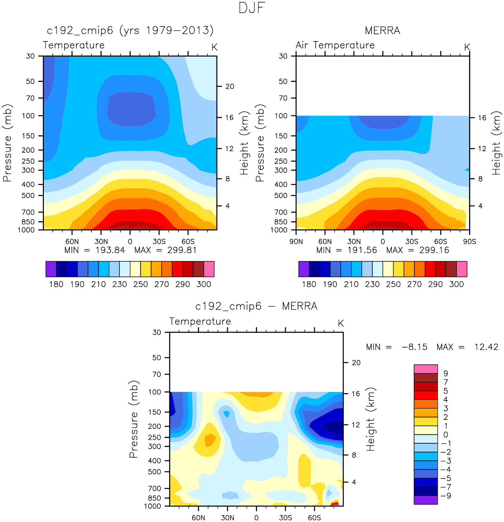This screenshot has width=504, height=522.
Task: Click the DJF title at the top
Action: [252, 8]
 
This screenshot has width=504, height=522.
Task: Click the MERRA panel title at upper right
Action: [382, 31]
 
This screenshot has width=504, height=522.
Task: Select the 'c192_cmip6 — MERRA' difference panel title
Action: [256, 306]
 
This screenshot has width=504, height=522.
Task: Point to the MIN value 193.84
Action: [110, 250]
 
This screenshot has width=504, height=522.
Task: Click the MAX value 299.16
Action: [434, 250]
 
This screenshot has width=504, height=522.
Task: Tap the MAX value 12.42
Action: [486, 347]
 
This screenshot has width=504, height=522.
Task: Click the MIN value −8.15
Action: [414, 347]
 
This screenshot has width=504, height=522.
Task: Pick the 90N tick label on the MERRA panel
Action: [296, 242]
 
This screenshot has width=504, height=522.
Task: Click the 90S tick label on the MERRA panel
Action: [469, 242]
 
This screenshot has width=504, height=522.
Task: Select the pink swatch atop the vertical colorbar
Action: [426, 369]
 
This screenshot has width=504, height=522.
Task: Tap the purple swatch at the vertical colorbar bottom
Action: [426, 500]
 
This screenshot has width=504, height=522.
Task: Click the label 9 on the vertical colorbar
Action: [445, 373]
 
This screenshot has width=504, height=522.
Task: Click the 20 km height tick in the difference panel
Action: [356, 363]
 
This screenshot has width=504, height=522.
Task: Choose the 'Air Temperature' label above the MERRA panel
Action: [335, 45]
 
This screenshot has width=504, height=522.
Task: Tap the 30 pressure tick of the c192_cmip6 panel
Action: [30, 56]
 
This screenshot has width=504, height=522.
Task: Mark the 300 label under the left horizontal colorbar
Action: [203, 284]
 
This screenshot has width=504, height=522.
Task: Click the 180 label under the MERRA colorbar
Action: [309, 284]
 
